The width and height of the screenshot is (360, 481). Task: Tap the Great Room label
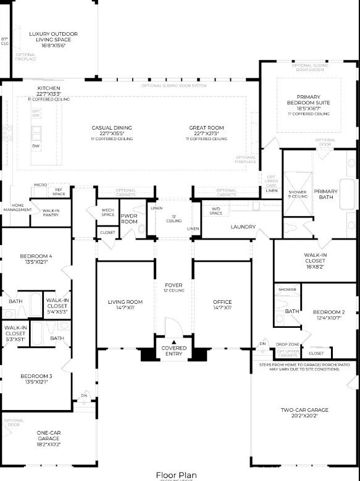[x=206, y=128]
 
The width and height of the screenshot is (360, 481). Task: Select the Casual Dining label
[x=112, y=128]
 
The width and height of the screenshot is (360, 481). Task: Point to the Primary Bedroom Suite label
[x=308, y=102]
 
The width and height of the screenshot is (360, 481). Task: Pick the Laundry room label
[x=243, y=227]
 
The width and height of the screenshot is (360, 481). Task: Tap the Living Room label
[x=125, y=302]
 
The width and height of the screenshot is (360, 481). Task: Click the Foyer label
[x=174, y=285]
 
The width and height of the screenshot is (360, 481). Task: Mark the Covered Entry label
[x=174, y=351]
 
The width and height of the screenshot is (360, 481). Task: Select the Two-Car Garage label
[x=305, y=409]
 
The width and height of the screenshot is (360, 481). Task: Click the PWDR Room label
[x=129, y=219]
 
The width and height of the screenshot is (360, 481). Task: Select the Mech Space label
[x=108, y=212]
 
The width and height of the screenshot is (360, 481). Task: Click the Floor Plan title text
[x=176, y=474]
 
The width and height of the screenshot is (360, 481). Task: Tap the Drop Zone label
[x=288, y=344]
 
